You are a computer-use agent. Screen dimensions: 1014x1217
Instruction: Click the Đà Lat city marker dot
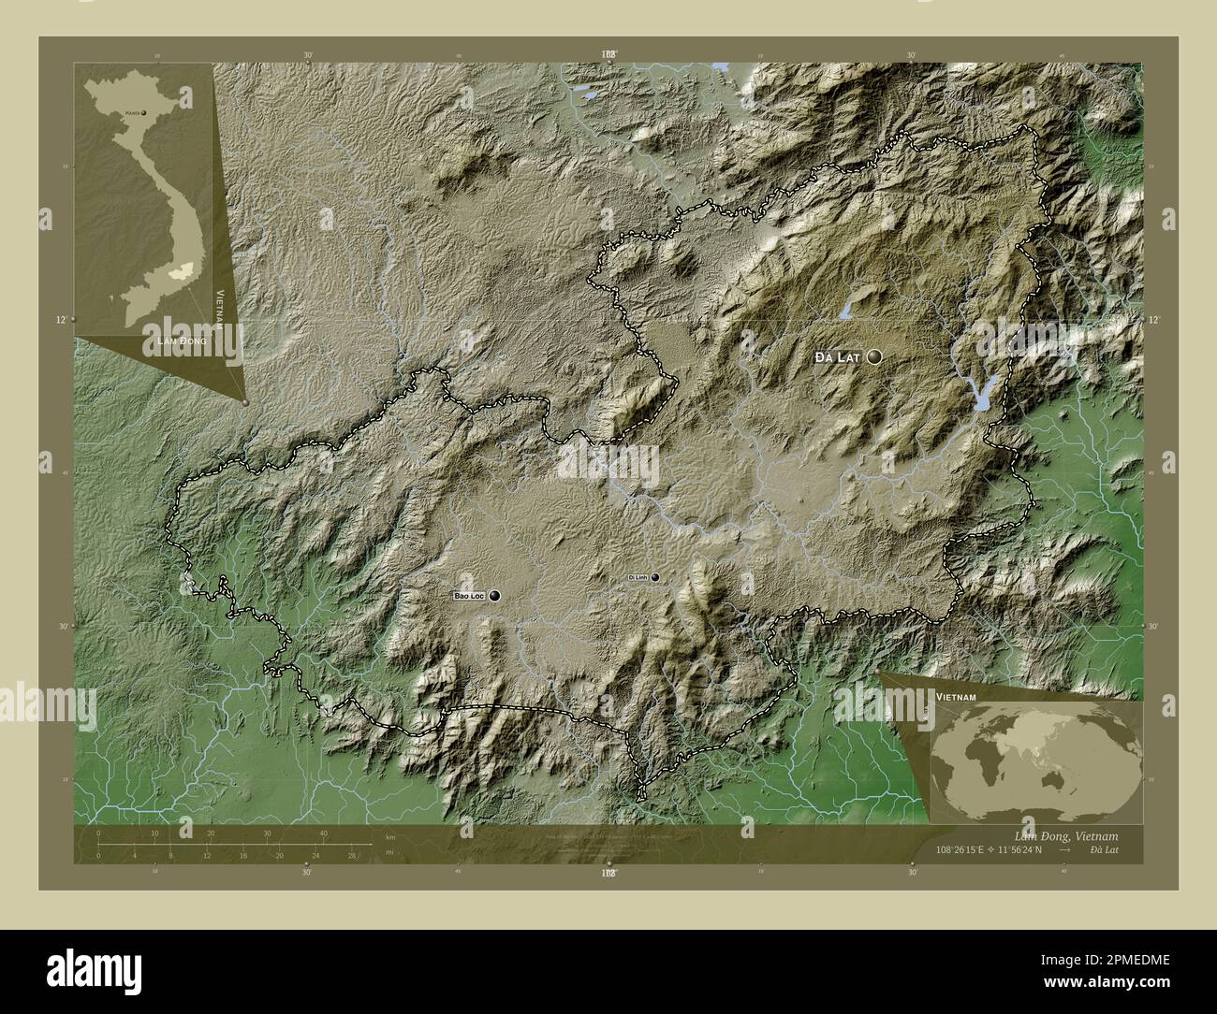[875, 356]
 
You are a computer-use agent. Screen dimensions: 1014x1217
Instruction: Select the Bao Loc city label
[468, 596]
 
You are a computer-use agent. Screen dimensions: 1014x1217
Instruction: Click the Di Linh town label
[638, 578]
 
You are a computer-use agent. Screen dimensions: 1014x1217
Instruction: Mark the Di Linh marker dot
[655, 578]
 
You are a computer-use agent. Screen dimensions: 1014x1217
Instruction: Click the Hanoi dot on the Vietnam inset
[144, 112]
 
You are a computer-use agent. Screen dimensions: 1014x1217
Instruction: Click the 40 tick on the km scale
[323, 833]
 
